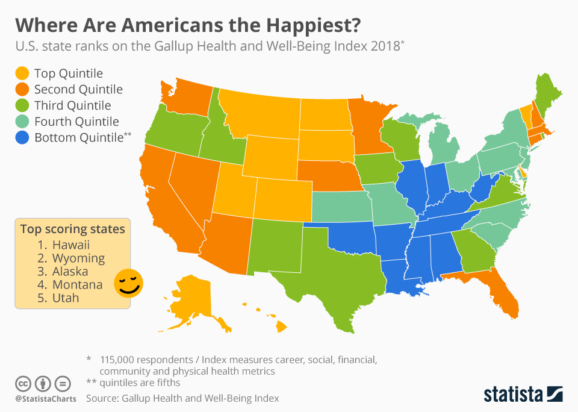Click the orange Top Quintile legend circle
[22, 73]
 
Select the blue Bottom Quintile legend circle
[22, 137]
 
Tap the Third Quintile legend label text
[72, 105]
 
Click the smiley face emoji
[128, 282]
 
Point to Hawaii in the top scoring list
[70, 245]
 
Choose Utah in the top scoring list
[66, 298]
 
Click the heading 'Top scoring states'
[72, 229]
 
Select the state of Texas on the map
[337, 277]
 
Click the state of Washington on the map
[187, 96]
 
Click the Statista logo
[523, 395]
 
